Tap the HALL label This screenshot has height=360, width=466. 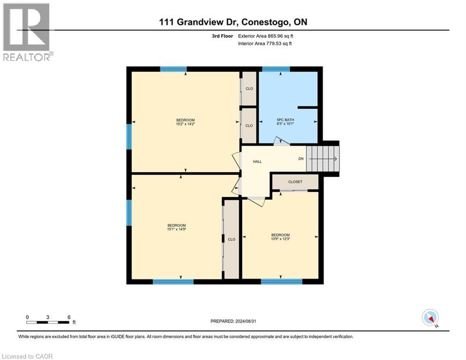tap(257, 162)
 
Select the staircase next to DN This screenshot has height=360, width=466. tap(323, 159)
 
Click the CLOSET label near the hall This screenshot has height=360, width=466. tap(295, 182)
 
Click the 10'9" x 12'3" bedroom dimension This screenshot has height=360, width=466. tap(280, 240)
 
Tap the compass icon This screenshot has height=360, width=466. tap(429, 317)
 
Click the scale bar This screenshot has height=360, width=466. tap(48, 322)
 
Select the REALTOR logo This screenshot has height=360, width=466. tap(27, 32)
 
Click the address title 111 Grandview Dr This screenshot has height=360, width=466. tap(233, 22)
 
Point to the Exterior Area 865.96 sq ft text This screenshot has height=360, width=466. tap(266, 36)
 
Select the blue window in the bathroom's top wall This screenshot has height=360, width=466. tap(276, 69)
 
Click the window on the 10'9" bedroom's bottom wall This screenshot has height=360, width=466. tap(281, 281)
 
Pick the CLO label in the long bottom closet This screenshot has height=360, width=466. tap(231, 240)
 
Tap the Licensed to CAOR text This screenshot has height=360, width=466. tap(27, 356)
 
